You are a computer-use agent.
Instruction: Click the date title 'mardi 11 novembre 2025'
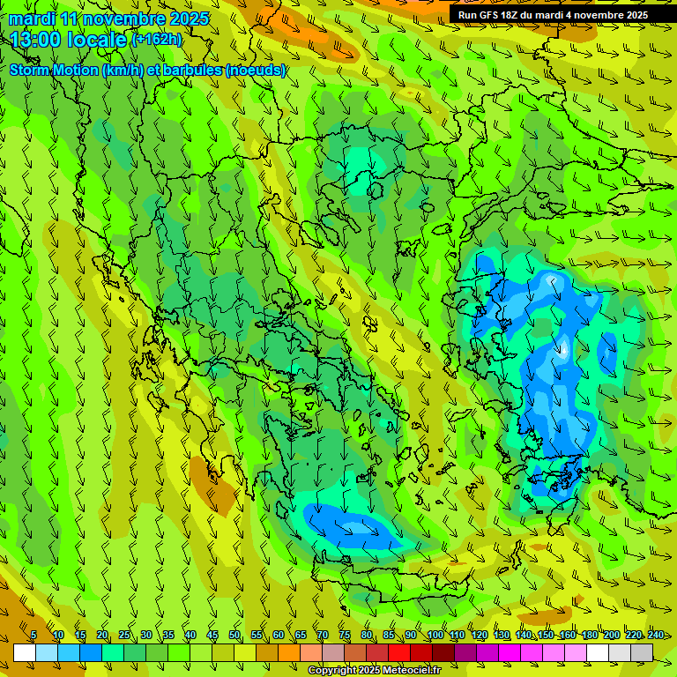(109, 19)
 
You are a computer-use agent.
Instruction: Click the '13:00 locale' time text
(69, 39)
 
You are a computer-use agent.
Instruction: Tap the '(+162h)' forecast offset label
(156, 39)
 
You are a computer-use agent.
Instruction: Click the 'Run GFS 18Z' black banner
(553, 15)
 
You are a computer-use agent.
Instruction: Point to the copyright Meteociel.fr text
(386, 670)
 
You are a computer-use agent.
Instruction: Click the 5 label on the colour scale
(33, 636)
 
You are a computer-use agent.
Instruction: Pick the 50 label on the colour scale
(234, 636)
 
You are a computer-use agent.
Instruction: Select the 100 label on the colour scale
(435, 636)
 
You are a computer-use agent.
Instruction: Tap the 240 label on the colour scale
(656, 636)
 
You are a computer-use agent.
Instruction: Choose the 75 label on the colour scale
(345, 636)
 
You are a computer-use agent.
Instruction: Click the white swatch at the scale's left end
(25, 652)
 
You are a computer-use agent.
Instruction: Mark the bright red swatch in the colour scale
(399, 652)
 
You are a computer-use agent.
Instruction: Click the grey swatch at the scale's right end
(642, 652)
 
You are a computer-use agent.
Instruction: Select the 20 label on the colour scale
(102, 636)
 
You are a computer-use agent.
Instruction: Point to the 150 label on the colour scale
(546, 636)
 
